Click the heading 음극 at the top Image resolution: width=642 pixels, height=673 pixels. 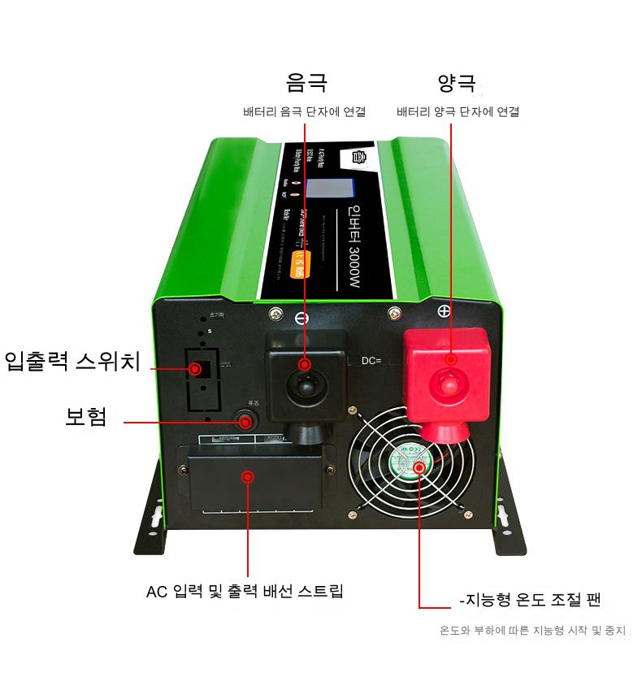pos(306,83)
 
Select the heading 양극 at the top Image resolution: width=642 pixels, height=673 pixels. pos(456,83)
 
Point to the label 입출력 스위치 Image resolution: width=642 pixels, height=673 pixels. pos(72,361)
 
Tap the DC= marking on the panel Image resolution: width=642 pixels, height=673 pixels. pos(371,359)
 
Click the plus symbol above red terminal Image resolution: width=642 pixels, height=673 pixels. pos(444,310)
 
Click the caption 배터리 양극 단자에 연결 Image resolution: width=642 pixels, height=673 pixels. pos(458,112)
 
